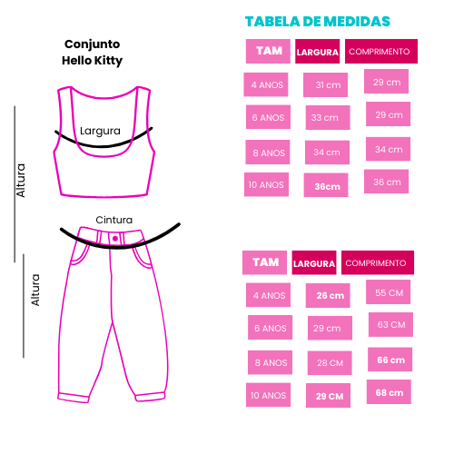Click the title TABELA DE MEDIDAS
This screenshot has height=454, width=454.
pyautogui.click(x=318, y=22)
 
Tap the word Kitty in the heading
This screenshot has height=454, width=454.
pyautogui.click(x=108, y=61)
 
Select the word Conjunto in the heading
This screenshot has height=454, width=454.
pyautogui.click(x=93, y=44)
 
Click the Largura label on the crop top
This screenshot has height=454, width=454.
pyautogui.click(x=100, y=131)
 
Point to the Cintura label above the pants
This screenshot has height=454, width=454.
pyautogui.click(x=114, y=220)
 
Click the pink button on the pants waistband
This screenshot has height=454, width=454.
pyautogui.click(x=115, y=239)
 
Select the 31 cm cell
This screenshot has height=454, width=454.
pyautogui.click(x=326, y=84)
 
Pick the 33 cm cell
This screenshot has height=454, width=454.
pyautogui.click(x=328, y=117)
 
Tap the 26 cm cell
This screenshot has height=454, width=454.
pyautogui.click(x=328, y=295)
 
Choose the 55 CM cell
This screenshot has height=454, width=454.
pyautogui.click(x=389, y=291)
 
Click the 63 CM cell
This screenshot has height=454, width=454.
pyautogui.click(x=390, y=324)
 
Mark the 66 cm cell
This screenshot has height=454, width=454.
pyautogui.click(x=390, y=360)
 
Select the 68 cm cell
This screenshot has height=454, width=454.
pyautogui.click(x=389, y=391)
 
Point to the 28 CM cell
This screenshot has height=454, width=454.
pyautogui.click(x=330, y=363)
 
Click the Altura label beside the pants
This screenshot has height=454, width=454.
pyautogui.click(x=35, y=290)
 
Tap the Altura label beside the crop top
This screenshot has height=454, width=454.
pyautogui.click(x=21, y=181)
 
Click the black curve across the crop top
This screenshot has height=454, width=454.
pyautogui.click(x=103, y=146)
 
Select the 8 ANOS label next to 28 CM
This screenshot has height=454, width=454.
pyautogui.click(x=270, y=362)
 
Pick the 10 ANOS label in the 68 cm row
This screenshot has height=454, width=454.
pyautogui.click(x=268, y=395)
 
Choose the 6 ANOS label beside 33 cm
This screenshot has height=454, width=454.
pyautogui.click(x=268, y=117)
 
